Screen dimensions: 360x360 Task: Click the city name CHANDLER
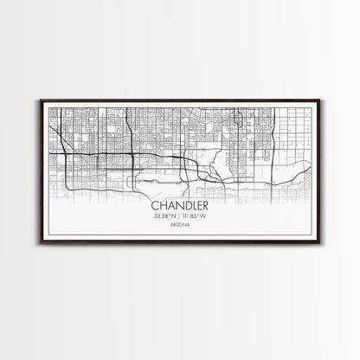[180, 206]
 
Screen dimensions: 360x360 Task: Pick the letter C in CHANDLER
[155, 206]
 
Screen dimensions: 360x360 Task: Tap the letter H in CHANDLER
[162, 206]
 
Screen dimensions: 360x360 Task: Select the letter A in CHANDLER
[170, 206]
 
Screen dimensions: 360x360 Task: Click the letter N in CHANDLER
[177, 206]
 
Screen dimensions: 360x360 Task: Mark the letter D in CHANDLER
[185, 206]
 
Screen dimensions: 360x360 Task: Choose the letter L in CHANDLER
[192, 206]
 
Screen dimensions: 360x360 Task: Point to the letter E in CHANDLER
[198, 206]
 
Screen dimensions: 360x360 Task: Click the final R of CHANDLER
[205, 206]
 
